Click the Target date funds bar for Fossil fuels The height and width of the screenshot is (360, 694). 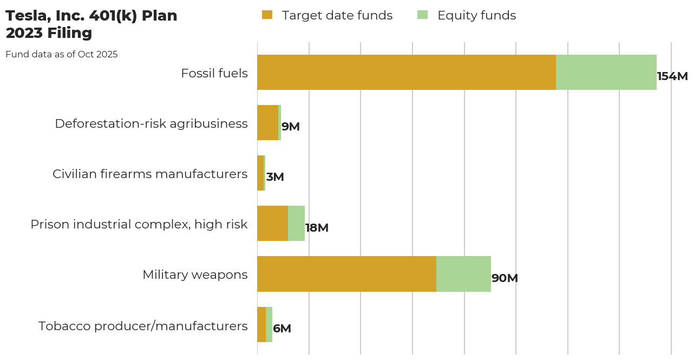point(406,72)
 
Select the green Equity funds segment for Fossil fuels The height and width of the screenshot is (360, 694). point(606,72)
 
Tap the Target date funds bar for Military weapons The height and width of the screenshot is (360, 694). point(346,274)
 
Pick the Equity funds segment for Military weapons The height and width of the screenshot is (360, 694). point(463,274)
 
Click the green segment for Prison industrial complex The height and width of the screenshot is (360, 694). point(296,223)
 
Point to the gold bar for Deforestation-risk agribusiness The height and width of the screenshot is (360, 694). point(267,122)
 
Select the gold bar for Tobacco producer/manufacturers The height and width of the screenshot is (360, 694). point(261,324)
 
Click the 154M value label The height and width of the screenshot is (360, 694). point(672,76)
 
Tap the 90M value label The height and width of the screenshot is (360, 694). point(505,278)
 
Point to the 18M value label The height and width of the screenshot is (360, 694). point(317,228)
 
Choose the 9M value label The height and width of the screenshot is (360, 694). point(291,127)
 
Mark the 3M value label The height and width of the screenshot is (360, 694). point(275,177)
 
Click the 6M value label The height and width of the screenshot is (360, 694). point(282,329)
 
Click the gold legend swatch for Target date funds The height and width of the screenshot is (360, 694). point(267,15)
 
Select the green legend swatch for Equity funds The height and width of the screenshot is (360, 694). point(422,15)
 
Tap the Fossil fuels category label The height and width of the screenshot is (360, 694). point(214,73)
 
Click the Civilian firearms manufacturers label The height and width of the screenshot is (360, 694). point(150,174)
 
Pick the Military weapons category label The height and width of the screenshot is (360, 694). point(195,274)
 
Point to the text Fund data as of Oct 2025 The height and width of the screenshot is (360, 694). point(62,54)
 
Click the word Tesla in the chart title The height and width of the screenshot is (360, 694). point(25,16)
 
